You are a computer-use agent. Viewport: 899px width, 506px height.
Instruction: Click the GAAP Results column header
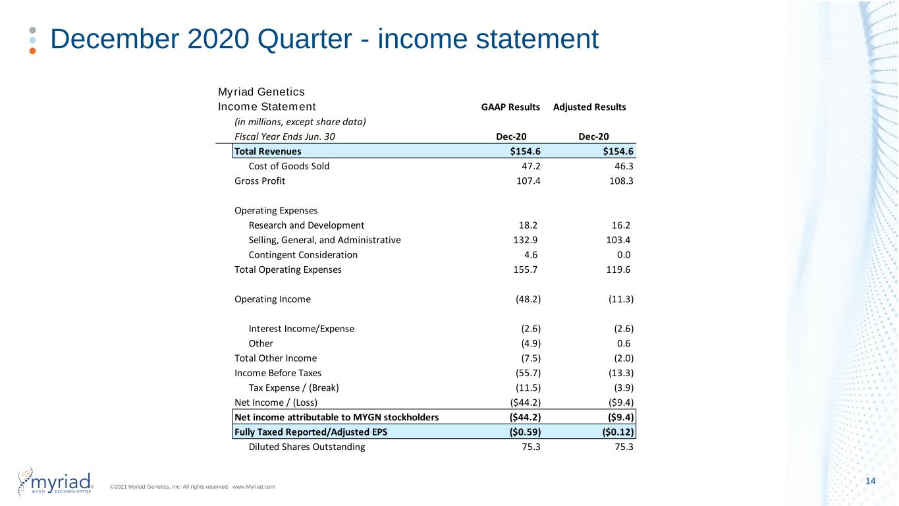pyautogui.click(x=510, y=107)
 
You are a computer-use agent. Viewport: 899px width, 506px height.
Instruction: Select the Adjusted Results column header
pyautogui.click(x=589, y=107)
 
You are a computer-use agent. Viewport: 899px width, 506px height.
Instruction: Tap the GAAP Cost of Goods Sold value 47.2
pyautogui.click(x=531, y=166)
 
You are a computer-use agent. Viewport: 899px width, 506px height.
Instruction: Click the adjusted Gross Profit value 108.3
pyautogui.click(x=621, y=181)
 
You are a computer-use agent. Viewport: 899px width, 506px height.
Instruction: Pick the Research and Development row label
pyautogui.click(x=306, y=225)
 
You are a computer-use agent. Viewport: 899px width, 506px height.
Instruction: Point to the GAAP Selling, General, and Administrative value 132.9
pyautogui.click(x=526, y=240)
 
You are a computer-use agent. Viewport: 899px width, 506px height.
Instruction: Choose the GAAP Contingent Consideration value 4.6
pyautogui.click(x=531, y=255)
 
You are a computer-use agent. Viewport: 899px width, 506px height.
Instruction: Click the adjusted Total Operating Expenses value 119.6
pyautogui.click(x=618, y=269)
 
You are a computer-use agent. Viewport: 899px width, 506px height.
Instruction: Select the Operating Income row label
pyautogui.click(x=273, y=300)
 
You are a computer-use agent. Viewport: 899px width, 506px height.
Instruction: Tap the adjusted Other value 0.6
pyautogui.click(x=624, y=343)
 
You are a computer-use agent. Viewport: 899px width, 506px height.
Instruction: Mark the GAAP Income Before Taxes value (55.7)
pyautogui.click(x=528, y=373)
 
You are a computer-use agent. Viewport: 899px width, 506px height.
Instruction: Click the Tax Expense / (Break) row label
pyautogui.click(x=294, y=388)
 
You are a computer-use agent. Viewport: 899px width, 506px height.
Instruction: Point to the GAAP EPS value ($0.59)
pyautogui.click(x=525, y=432)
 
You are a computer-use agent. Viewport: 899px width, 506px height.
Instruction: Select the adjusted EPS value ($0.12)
pyautogui.click(x=618, y=432)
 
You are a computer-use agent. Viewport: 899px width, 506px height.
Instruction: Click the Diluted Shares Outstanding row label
pyautogui.click(x=307, y=447)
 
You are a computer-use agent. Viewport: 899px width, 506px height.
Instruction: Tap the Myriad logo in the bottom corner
pyautogui.click(x=55, y=482)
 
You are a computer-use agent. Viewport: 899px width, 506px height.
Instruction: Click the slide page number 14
pyautogui.click(x=871, y=481)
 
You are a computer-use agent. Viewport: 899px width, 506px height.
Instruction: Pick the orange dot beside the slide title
pyautogui.click(x=32, y=51)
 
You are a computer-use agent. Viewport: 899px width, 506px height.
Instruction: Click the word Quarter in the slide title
pyautogui.click(x=304, y=40)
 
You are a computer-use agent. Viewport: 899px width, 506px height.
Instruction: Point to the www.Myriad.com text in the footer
pyautogui.click(x=254, y=487)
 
